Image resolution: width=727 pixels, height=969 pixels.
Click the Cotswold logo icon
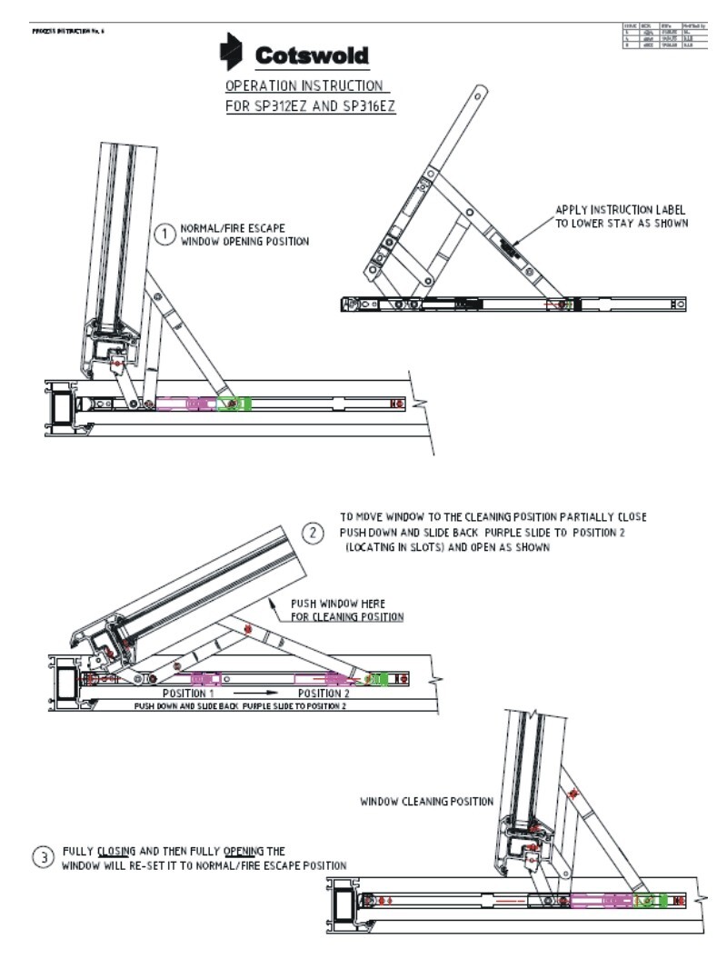tap(233, 52)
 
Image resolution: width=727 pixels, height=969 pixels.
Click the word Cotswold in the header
tap(312, 56)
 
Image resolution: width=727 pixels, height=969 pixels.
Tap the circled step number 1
tap(164, 235)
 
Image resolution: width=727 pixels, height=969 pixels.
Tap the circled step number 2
tap(314, 533)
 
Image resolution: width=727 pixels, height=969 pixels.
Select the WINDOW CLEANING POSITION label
tap(426, 802)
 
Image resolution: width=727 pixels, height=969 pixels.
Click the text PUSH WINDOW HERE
tap(337, 604)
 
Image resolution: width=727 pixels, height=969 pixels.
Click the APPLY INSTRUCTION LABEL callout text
tap(620, 209)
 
